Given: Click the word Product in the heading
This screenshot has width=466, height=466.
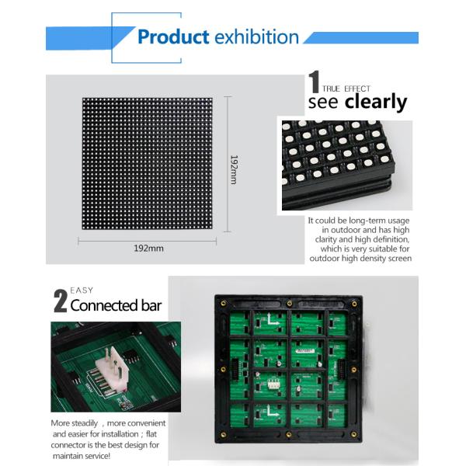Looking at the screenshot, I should [x=173, y=37].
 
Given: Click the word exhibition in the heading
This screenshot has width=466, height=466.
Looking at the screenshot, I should [x=256, y=37].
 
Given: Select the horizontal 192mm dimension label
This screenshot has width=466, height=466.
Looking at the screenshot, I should [x=147, y=249].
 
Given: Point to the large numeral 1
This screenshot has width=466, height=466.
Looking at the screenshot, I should [x=315, y=83].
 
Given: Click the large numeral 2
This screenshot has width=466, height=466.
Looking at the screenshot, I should [x=60, y=301].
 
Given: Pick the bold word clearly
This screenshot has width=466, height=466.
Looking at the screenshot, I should [x=376, y=102].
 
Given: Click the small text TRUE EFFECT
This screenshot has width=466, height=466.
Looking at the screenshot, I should [x=347, y=89].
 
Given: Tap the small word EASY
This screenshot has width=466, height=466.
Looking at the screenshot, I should [x=82, y=290].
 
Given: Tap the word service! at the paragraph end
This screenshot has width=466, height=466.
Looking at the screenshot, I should [x=116, y=456].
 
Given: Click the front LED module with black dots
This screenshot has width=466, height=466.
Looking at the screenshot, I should [x=148, y=164].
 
